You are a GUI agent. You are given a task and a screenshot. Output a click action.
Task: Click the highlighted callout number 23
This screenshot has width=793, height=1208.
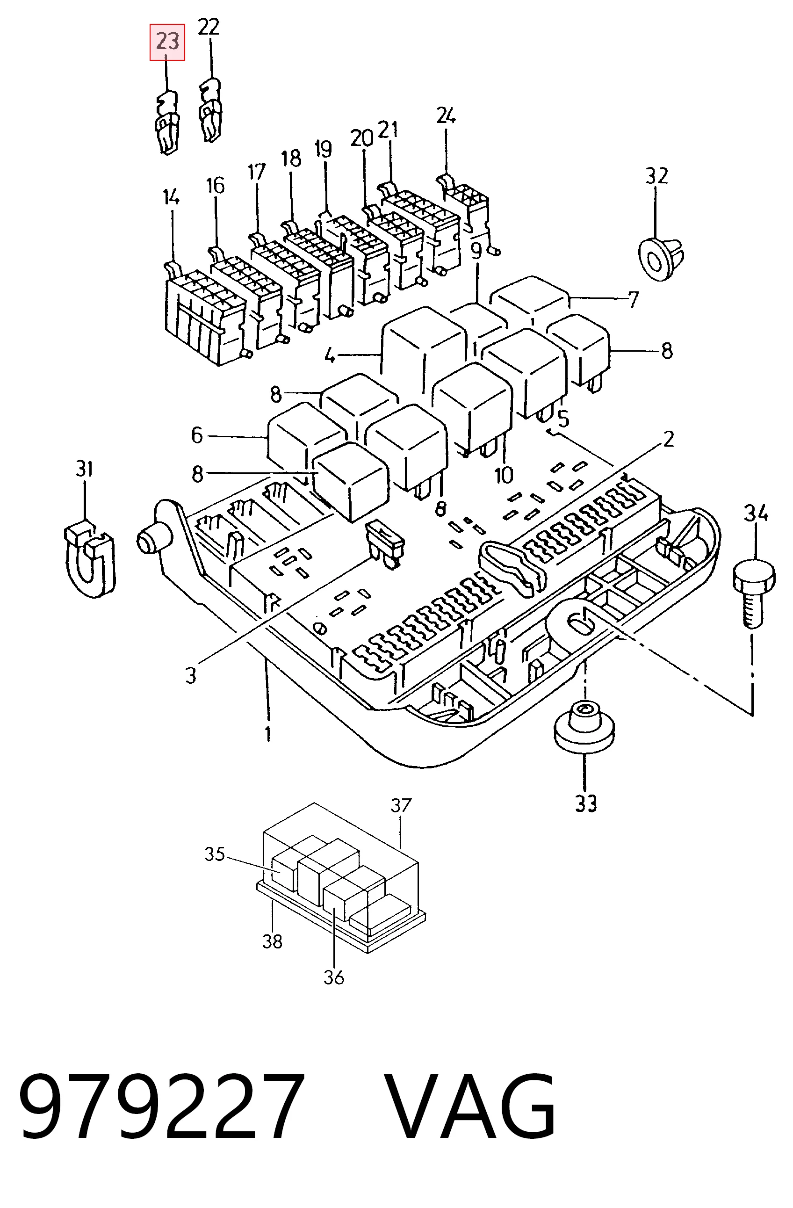(167, 41)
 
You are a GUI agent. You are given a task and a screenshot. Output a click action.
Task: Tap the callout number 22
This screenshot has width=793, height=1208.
(209, 27)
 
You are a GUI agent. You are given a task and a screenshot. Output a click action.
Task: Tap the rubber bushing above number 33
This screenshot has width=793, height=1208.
(584, 726)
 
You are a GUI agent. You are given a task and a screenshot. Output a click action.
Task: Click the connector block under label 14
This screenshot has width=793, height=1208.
(205, 313)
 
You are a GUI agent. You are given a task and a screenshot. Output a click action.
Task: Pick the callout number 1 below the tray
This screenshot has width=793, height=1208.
(268, 733)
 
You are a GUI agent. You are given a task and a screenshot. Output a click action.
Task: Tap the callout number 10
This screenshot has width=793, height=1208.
(504, 476)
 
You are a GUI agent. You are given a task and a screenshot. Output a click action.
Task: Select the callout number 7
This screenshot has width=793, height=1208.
(633, 299)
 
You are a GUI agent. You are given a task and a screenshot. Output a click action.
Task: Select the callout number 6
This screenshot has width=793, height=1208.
(197, 435)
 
